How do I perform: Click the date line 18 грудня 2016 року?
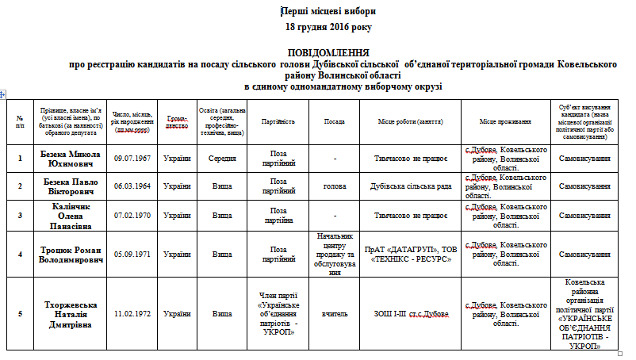coord(328,27)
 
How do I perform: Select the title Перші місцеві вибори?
coord(328,12)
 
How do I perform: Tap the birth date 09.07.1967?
coord(133,159)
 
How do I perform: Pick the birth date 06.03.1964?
coord(133,186)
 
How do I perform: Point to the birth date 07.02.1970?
coord(133,215)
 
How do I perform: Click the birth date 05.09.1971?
coord(133,254)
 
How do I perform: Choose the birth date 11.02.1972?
coord(133,313)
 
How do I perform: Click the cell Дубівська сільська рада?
coord(411,186)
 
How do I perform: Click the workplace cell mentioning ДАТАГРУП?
coord(411,254)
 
